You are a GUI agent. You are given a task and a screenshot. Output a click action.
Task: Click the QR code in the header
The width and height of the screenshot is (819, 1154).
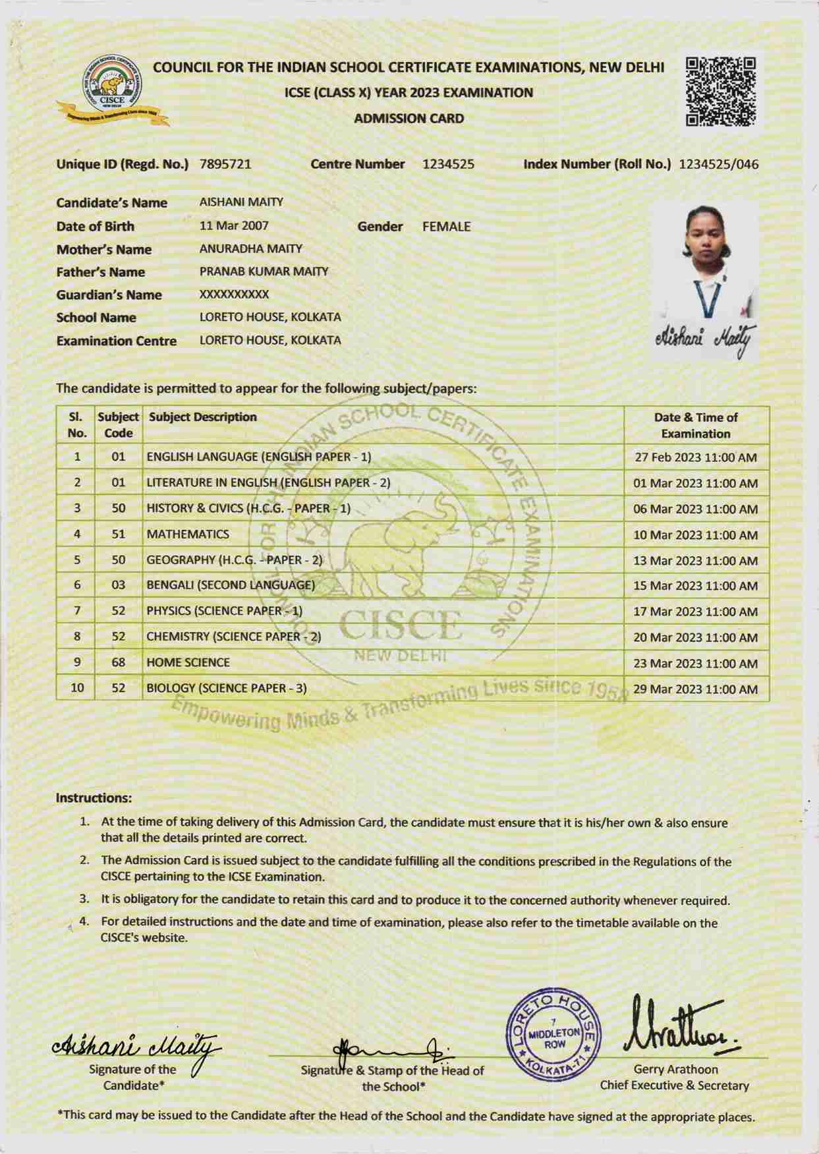[721, 92]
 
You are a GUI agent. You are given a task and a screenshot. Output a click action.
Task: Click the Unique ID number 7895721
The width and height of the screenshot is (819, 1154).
[225, 164]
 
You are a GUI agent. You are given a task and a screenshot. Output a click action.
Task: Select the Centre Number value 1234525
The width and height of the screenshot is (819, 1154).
[448, 164]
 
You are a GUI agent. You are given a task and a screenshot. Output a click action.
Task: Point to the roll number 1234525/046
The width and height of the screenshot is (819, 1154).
[718, 164]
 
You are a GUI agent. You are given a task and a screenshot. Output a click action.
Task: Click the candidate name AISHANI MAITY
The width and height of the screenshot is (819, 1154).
[241, 202]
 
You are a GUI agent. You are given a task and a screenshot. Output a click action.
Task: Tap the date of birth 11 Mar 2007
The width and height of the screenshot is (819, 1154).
[234, 225]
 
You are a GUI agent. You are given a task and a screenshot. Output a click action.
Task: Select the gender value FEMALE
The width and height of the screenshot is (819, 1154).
[446, 227]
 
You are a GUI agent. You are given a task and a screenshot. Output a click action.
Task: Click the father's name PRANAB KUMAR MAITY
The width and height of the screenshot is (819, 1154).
[264, 272]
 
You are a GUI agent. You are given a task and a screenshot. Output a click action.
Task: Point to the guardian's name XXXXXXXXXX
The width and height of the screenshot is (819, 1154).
[234, 295]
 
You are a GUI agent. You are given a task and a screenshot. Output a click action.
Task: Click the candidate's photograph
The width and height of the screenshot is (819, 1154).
[703, 264]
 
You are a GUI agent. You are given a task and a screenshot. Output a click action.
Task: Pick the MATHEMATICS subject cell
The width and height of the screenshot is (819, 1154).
[188, 534]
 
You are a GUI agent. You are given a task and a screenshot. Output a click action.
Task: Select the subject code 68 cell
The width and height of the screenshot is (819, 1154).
[118, 662]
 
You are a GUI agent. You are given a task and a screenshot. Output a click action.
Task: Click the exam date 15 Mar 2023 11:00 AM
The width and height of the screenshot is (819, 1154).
[695, 586]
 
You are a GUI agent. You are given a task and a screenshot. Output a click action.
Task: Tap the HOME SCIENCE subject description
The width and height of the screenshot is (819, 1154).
[188, 662]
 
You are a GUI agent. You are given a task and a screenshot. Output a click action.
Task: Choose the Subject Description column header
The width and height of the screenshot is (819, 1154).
[202, 417]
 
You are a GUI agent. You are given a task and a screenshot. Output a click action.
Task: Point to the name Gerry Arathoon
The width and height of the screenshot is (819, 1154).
[675, 1070]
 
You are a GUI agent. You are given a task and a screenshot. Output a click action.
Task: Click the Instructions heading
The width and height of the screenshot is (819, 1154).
[94, 798]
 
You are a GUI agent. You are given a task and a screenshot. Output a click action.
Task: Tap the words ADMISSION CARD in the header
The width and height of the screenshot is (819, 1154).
[409, 119]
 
